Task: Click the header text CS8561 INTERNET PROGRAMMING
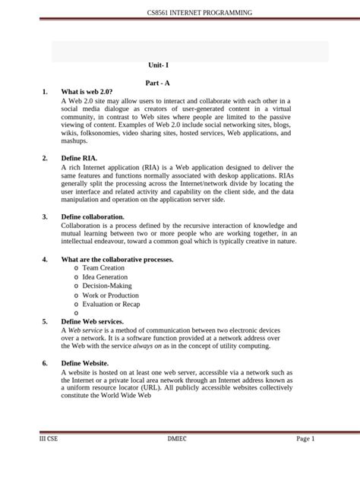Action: pos(199,13)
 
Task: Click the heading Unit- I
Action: pos(159,66)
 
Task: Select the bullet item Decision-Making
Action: pos(108,286)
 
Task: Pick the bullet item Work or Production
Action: pos(111,295)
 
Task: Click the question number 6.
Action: pos(45,364)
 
